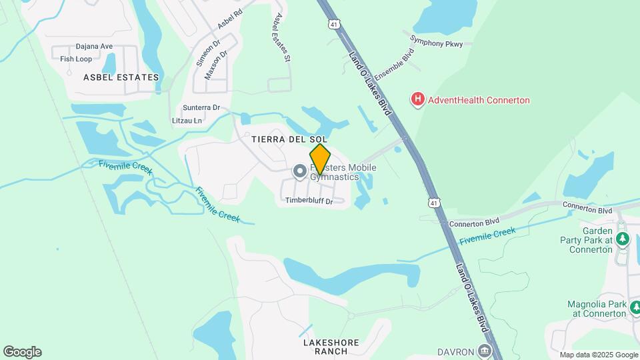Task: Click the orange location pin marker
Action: coord(320,159)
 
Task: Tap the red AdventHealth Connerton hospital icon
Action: coord(417,100)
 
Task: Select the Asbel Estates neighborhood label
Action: coord(121,77)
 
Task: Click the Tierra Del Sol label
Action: coord(290,139)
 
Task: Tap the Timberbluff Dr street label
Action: coord(309,201)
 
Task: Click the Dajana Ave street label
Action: coord(94,47)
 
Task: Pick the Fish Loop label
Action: coord(76,59)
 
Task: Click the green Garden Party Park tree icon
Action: coord(623,238)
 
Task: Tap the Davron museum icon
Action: coord(484,351)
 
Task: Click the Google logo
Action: coord(22,352)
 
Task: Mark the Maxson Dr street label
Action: coord(217,65)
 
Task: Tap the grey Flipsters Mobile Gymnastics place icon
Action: coord(299,172)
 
